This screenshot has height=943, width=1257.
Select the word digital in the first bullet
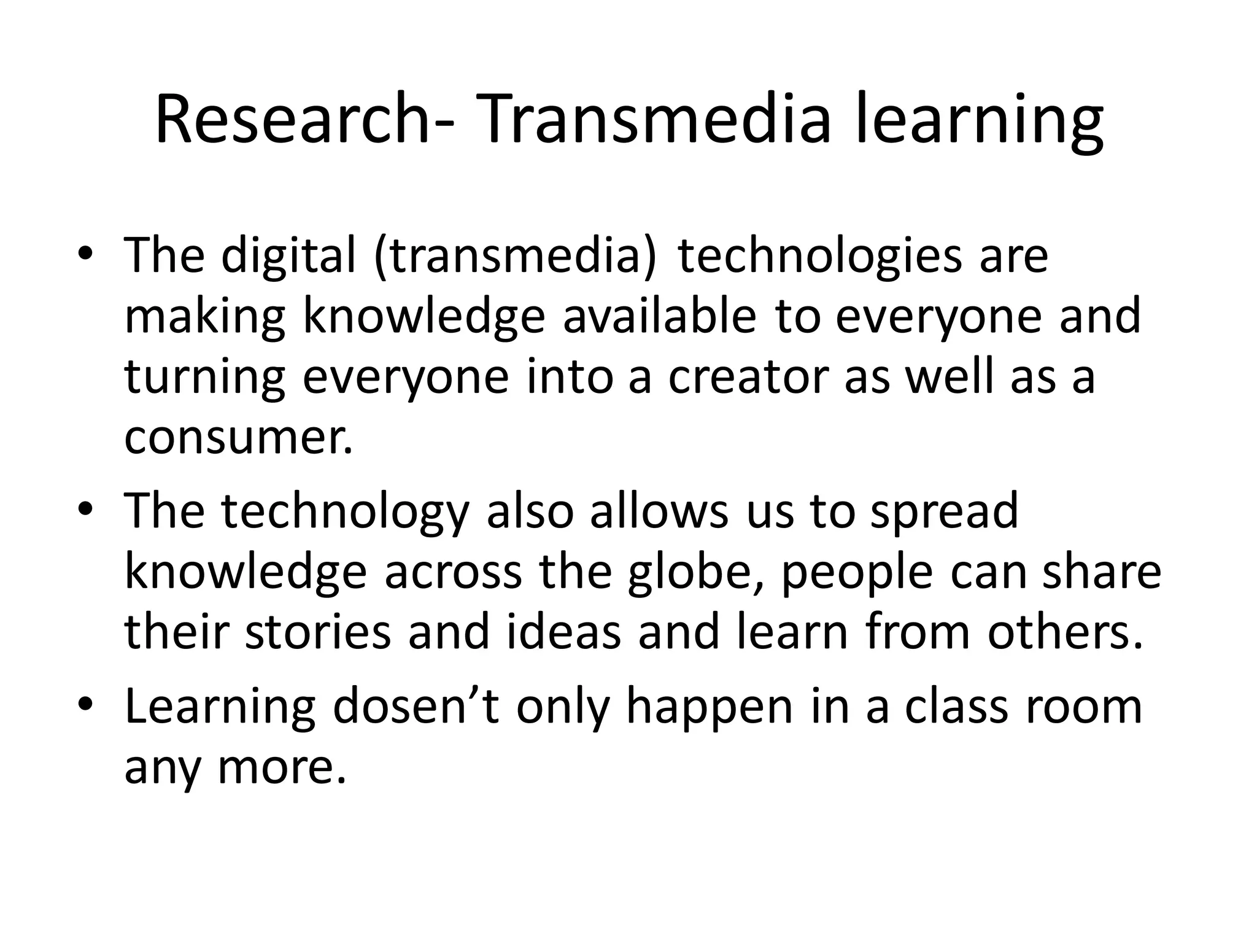coord(288,255)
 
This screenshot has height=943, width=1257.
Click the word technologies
coord(819,255)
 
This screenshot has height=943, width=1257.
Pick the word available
coord(660,316)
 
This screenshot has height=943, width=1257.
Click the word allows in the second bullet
coord(660,511)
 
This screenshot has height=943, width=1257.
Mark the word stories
coord(318,632)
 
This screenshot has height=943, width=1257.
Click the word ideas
coord(564,632)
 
